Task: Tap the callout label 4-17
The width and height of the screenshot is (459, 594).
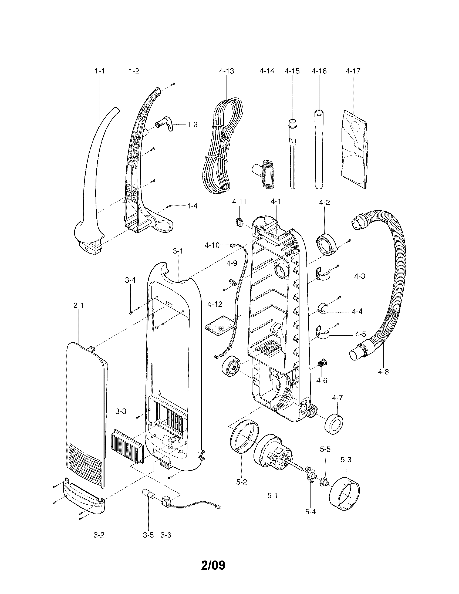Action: point(353,71)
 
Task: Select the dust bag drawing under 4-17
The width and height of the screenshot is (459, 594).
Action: point(354,150)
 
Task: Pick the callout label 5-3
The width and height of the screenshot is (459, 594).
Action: point(346,460)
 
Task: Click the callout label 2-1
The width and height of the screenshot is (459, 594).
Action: point(78,306)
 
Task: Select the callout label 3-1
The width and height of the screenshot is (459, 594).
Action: point(178,251)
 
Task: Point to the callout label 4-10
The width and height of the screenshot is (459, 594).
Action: point(212,245)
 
